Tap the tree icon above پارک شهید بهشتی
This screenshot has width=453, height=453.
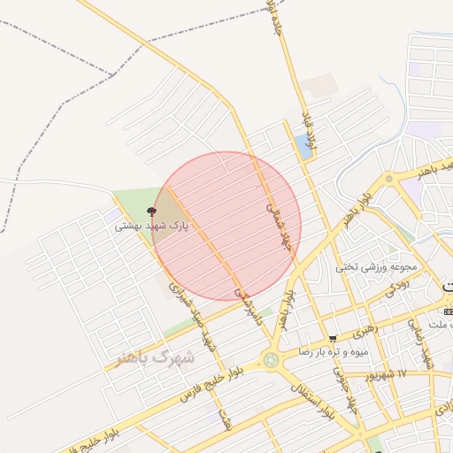(150, 212)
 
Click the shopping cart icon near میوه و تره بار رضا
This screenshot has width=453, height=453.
(333, 339)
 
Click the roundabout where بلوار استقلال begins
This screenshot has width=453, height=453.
(270, 359)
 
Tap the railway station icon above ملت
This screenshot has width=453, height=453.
(448, 312)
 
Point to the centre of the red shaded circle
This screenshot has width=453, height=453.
(226, 226)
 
